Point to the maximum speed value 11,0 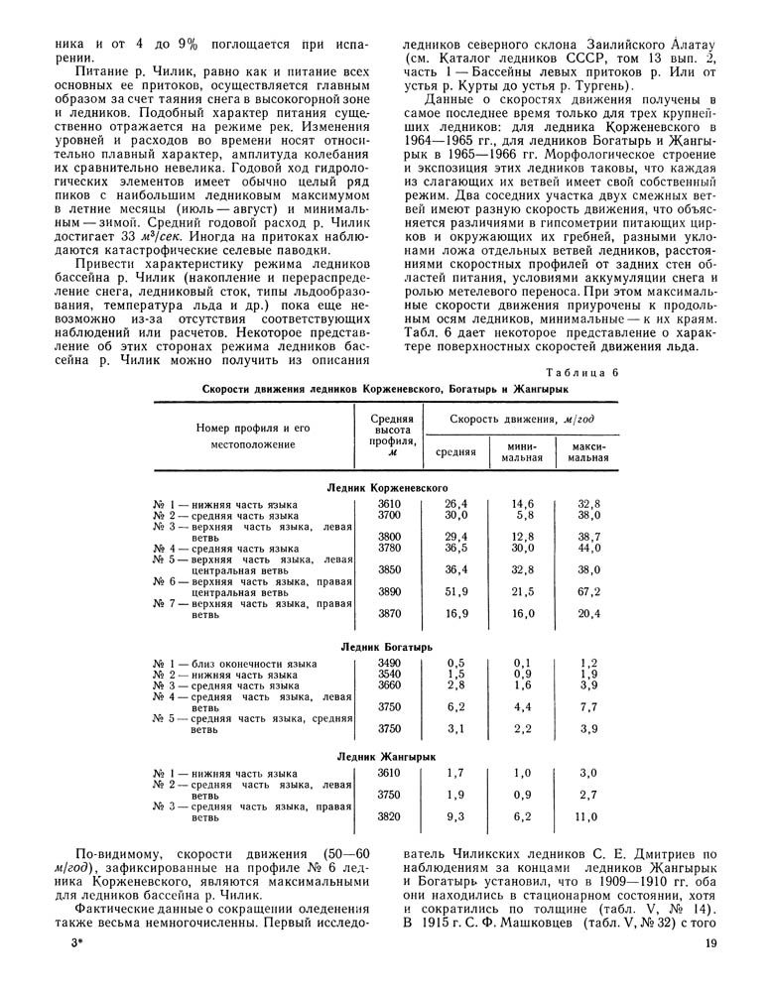tap(588, 817)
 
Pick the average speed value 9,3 tap(455, 817)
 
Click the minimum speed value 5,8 tap(525, 516)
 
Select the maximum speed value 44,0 tap(589, 547)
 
